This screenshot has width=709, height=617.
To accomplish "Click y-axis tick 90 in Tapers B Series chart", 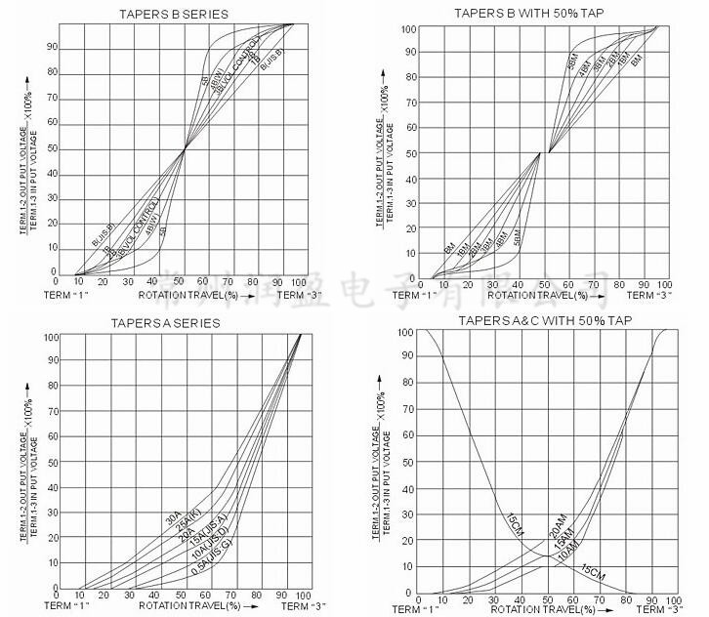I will (53, 46).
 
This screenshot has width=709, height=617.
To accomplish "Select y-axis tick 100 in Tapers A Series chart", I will (51, 337).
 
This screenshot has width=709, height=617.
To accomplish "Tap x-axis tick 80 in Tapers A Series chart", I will (257, 595).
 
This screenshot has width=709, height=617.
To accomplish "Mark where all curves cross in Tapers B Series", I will (185, 149).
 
